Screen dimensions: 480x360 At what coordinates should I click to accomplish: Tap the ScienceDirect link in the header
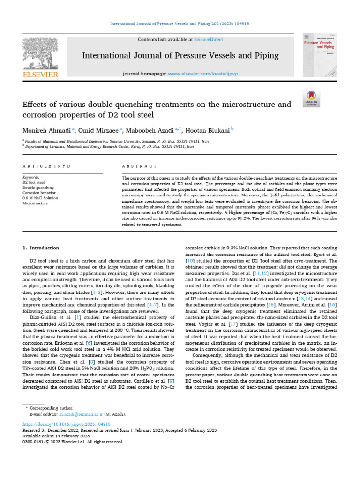(x=210, y=40)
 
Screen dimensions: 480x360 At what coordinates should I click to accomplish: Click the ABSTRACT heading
(x=139, y=166)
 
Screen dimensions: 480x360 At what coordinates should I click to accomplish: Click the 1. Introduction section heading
(x=41, y=248)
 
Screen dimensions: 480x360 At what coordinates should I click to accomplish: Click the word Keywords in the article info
(x=31, y=178)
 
